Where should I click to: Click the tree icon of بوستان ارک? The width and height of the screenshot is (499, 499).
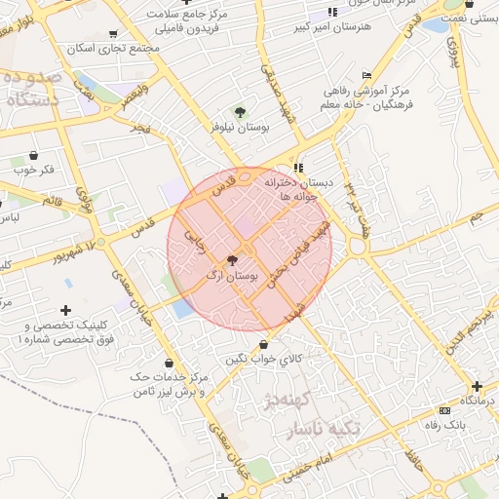click(x=231, y=260)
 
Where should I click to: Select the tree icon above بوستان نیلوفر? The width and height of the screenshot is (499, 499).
click(x=240, y=111)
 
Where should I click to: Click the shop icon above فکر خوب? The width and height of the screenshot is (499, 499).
click(x=34, y=155)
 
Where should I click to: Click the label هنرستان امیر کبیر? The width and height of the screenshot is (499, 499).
click(x=331, y=26)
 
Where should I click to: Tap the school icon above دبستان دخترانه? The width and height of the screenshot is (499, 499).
click(x=298, y=167)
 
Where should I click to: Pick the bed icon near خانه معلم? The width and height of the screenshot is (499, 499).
click(x=366, y=75)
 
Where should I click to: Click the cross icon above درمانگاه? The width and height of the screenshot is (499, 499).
click(x=477, y=386)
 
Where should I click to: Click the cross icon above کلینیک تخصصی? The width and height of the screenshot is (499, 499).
click(x=65, y=310)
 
